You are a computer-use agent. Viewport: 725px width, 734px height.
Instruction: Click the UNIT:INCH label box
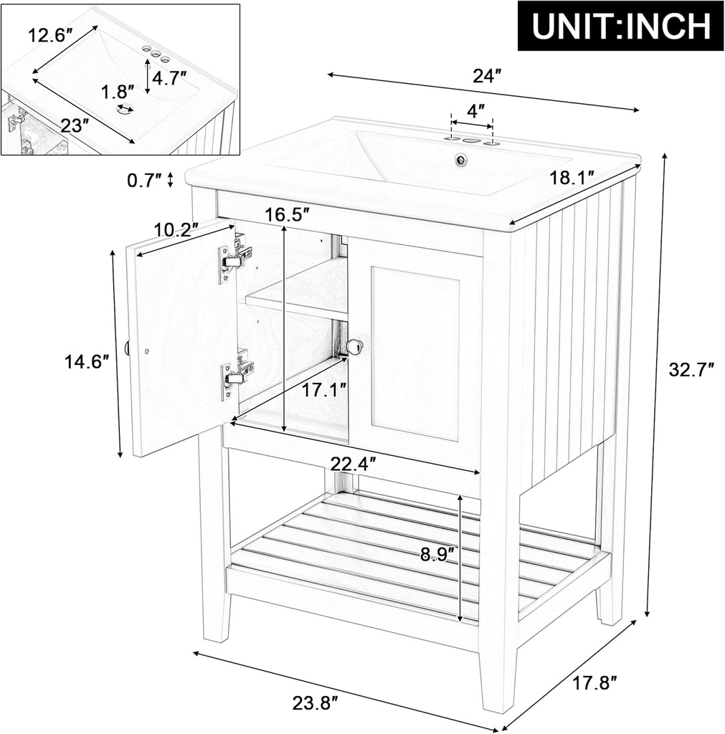click(x=620, y=27)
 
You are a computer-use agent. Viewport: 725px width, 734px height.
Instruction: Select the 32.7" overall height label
click(x=691, y=370)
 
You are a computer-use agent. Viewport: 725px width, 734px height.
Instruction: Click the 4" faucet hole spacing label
click(x=475, y=111)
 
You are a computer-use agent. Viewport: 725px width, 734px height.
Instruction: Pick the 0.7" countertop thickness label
click(x=145, y=181)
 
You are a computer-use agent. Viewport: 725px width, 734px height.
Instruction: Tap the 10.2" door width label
click(x=176, y=231)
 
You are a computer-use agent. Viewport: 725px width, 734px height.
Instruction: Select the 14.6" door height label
click(x=87, y=362)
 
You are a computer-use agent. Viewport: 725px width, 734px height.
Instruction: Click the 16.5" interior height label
click(x=286, y=214)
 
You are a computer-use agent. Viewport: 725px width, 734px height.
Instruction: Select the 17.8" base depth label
click(x=595, y=683)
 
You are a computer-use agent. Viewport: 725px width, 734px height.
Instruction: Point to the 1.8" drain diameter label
click(x=118, y=92)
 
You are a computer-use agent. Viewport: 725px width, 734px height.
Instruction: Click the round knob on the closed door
click(x=354, y=347)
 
